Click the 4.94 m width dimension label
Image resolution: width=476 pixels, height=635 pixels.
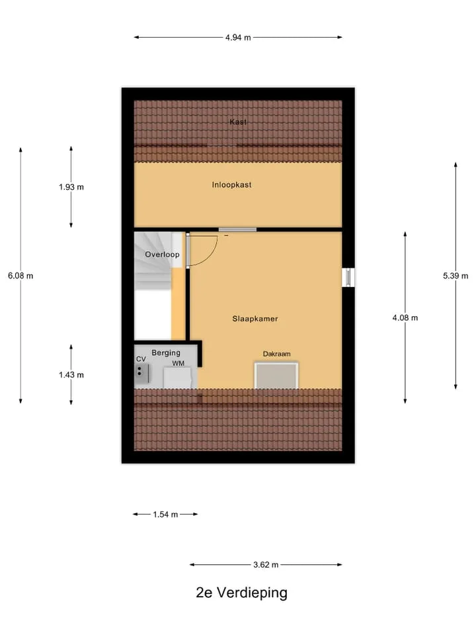point(238,38)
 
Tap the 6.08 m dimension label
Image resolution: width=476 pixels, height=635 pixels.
point(20,276)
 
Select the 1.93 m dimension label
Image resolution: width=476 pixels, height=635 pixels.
point(71,187)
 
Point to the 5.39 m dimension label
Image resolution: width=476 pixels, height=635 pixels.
point(456,276)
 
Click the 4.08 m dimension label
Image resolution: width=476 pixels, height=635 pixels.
point(405,318)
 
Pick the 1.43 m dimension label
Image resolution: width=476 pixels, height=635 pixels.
point(71,375)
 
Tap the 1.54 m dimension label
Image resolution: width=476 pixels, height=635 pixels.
point(165,515)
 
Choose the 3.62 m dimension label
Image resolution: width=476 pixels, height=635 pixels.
point(266,564)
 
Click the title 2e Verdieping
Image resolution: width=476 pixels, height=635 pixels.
point(242,593)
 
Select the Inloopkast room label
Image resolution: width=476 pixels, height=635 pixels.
point(231,185)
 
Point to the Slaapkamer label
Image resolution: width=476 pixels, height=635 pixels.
point(255,319)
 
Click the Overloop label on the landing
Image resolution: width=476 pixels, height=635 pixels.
point(162,254)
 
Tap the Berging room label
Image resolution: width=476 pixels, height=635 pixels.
point(166,353)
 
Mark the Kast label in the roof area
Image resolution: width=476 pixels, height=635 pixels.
point(238,122)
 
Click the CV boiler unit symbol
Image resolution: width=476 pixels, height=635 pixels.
point(141,373)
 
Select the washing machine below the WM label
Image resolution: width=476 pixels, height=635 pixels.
point(177,378)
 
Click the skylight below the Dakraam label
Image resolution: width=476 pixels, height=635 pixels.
point(276,376)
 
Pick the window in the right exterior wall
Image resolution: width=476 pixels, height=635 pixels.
point(348,277)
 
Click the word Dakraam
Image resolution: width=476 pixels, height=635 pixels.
point(277,354)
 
